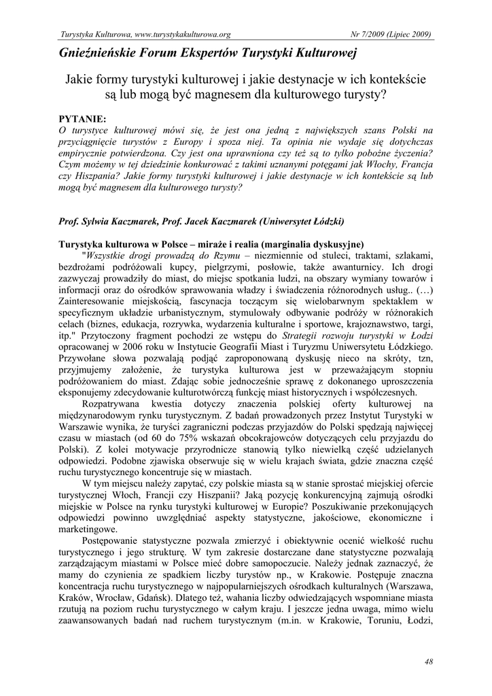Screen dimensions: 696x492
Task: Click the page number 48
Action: click(x=428, y=661)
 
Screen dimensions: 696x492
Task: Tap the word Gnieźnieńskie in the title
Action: click(x=99, y=52)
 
